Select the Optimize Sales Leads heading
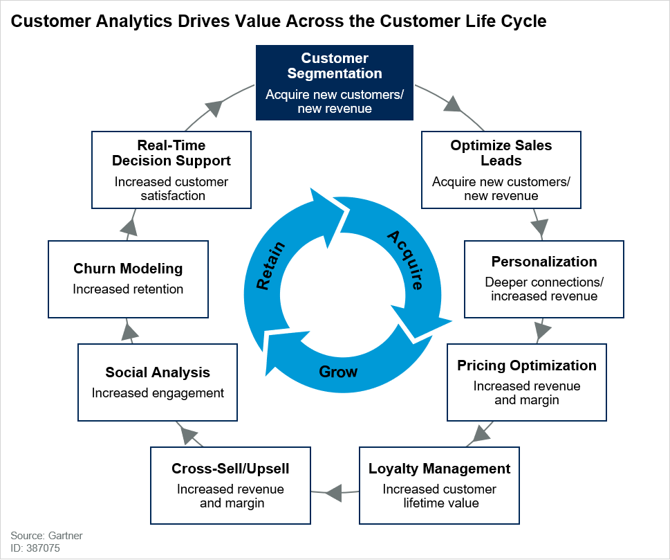pyautogui.click(x=501, y=153)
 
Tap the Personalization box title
pyautogui.click(x=543, y=262)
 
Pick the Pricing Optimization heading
pyautogui.click(x=526, y=365)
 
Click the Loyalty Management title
pyautogui.click(x=439, y=469)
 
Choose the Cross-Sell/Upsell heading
pyautogui.click(x=230, y=469)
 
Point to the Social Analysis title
pyautogui.click(x=158, y=372)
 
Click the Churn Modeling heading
pyautogui.click(x=128, y=269)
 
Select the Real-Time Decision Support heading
pyautogui.click(x=171, y=153)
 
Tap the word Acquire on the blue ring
pyautogui.click(x=404, y=260)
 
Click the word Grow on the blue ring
pyautogui.click(x=338, y=372)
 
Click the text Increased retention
pyautogui.click(x=128, y=289)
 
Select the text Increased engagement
pyautogui.click(x=158, y=393)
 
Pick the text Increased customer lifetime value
pyautogui.click(x=440, y=496)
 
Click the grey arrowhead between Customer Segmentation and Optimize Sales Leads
pyautogui.click(x=453, y=105)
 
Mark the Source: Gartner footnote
pyautogui.click(x=36, y=536)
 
